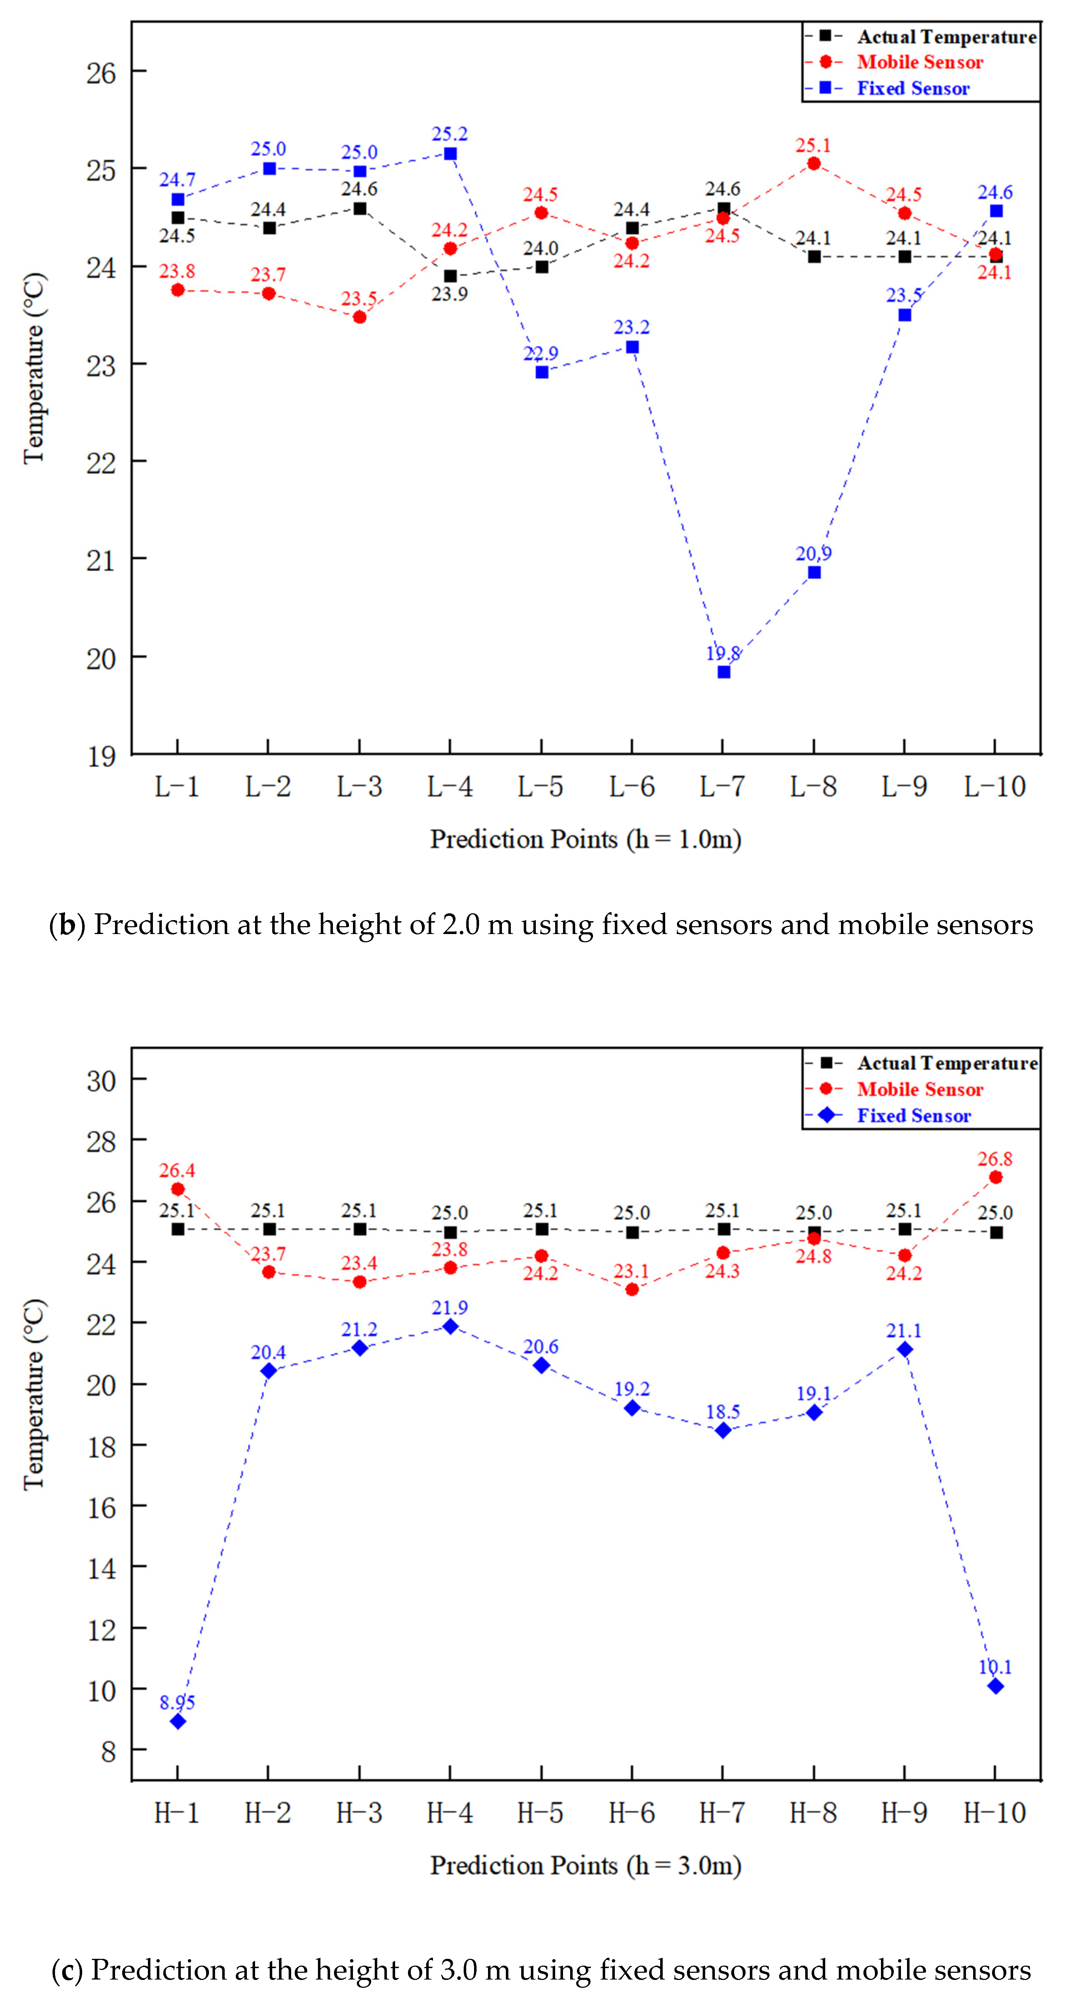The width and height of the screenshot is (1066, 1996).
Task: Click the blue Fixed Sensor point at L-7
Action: point(723,672)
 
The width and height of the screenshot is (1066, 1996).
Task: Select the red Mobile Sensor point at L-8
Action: point(813,164)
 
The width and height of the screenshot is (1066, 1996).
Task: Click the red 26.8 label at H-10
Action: point(995,1158)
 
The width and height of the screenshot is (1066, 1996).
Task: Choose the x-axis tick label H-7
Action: point(722,1813)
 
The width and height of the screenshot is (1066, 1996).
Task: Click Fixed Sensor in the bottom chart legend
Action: point(913,1116)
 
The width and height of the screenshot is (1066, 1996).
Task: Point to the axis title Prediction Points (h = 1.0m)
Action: point(586,839)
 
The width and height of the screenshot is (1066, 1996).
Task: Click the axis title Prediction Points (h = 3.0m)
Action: point(586,1865)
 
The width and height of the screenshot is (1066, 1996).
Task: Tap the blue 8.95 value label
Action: point(178,1702)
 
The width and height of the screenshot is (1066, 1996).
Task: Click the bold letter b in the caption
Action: point(68,925)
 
